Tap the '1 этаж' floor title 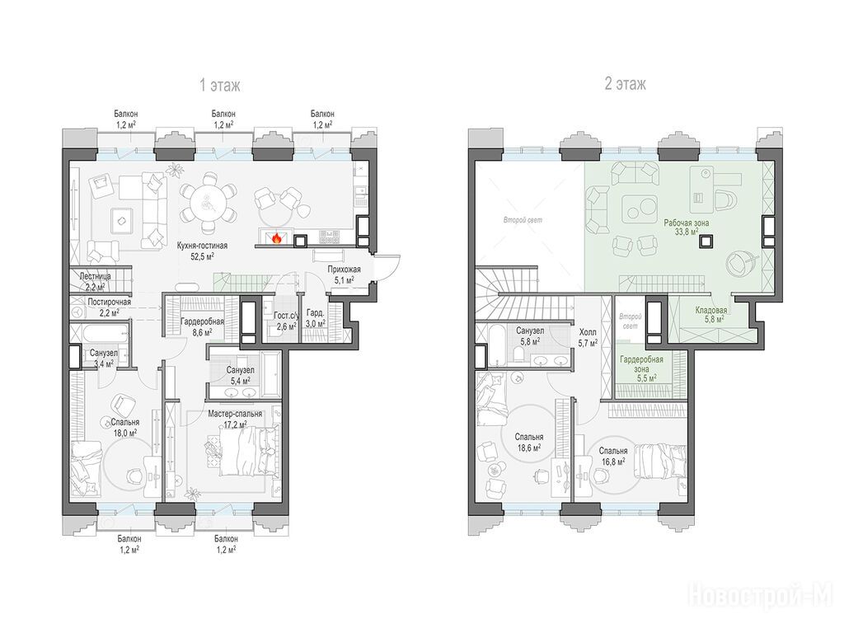coord(219,85)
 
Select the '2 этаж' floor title coord(625,84)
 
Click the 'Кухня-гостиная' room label coord(203,246)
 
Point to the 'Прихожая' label coord(344,270)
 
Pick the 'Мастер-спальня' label coord(235,414)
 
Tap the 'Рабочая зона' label coord(687,223)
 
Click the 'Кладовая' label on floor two coord(711,311)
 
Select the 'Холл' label coord(588,333)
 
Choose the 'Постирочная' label coord(110,302)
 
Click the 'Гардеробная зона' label coord(641,364)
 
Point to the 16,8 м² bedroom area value coord(612,462)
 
